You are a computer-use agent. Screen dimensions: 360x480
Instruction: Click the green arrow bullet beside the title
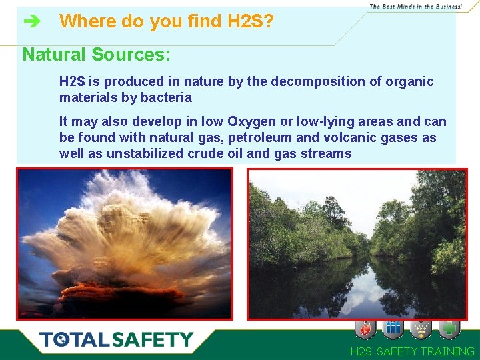click(x=31, y=22)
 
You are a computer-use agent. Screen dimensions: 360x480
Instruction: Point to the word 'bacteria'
click(x=167, y=97)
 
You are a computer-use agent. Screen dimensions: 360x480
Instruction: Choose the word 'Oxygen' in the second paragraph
click(x=252, y=121)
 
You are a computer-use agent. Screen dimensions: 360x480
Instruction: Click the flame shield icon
click(x=366, y=329)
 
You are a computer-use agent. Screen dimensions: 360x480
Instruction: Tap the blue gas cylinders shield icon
click(x=393, y=329)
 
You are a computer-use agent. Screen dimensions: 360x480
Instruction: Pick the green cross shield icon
click(x=449, y=329)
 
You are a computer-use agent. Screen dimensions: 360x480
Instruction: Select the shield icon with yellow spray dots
click(x=421, y=329)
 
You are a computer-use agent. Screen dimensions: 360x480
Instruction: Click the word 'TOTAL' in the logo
click(x=75, y=339)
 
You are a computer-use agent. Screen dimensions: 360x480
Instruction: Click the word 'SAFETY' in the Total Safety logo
click(x=153, y=339)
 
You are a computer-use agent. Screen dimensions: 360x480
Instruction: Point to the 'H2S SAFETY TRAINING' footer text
click(x=413, y=351)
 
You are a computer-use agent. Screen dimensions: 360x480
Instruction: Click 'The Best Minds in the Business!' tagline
click(x=415, y=6)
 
